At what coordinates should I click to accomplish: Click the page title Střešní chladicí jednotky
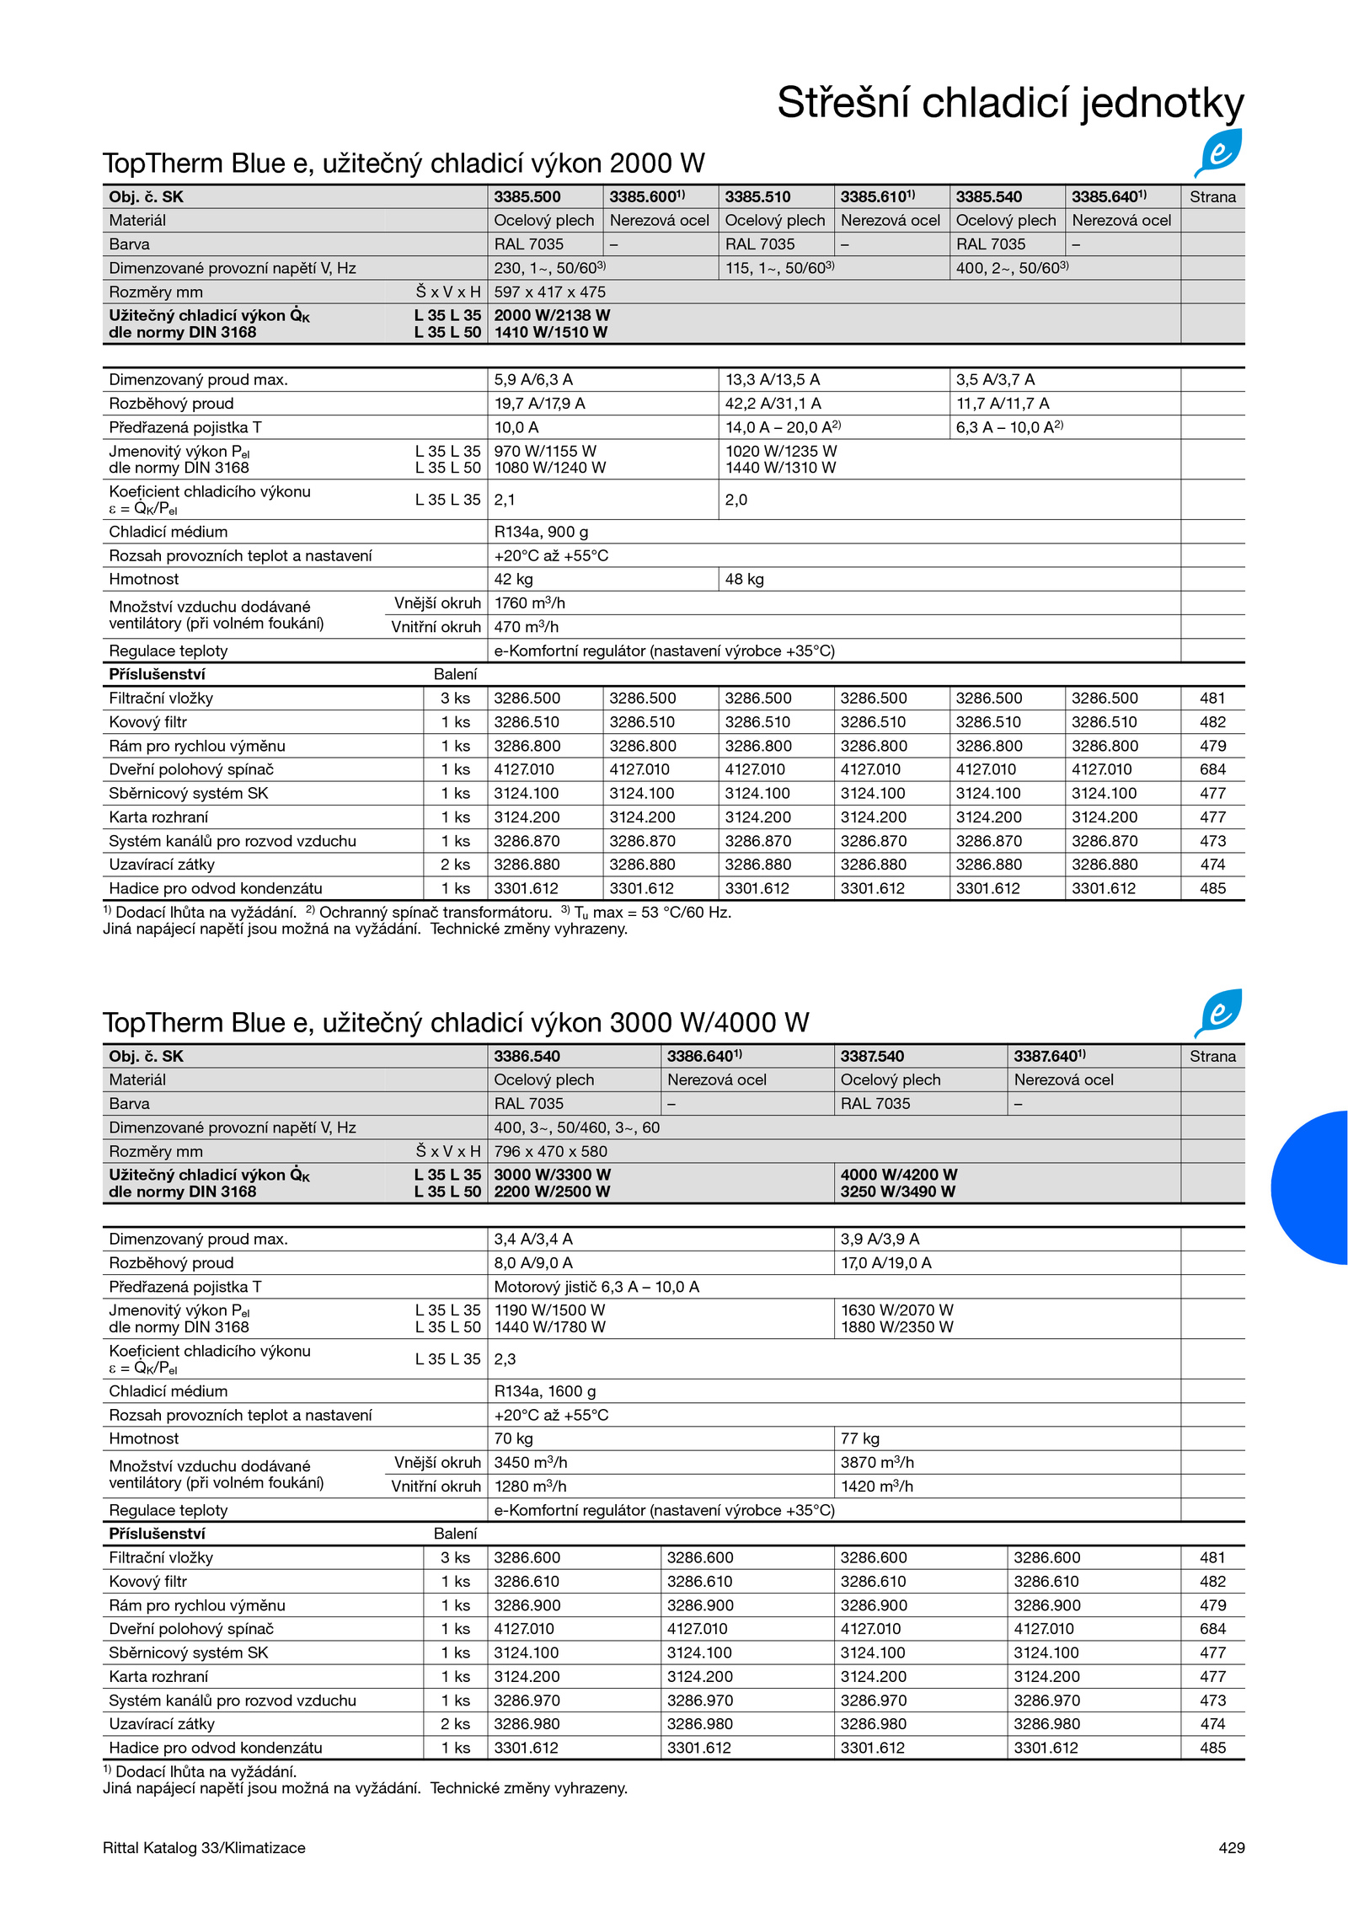(x=1009, y=103)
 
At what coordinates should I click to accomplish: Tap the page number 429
(x=1231, y=1847)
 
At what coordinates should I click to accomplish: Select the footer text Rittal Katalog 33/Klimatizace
(x=204, y=1847)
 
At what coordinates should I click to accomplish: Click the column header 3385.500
(x=527, y=197)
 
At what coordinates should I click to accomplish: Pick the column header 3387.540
(x=872, y=1056)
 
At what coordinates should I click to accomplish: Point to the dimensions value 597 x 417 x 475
(x=549, y=292)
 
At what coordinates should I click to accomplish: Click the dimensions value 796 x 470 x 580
(x=550, y=1151)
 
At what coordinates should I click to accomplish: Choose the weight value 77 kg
(x=859, y=1438)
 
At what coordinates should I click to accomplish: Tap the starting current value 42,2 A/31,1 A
(x=773, y=404)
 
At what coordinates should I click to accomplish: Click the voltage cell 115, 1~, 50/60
(x=779, y=268)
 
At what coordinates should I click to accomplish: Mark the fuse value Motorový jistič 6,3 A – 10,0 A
(x=596, y=1287)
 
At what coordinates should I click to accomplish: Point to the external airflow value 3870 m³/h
(x=877, y=1462)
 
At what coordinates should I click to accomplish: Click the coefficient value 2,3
(x=505, y=1358)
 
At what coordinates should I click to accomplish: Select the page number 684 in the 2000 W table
(x=1212, y=769)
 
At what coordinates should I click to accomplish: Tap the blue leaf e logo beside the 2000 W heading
(x=1218, y=153)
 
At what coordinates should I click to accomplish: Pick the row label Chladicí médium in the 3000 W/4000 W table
(x=168, y=1391)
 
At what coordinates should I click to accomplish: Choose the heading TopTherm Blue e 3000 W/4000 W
(x=455, y=1022)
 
